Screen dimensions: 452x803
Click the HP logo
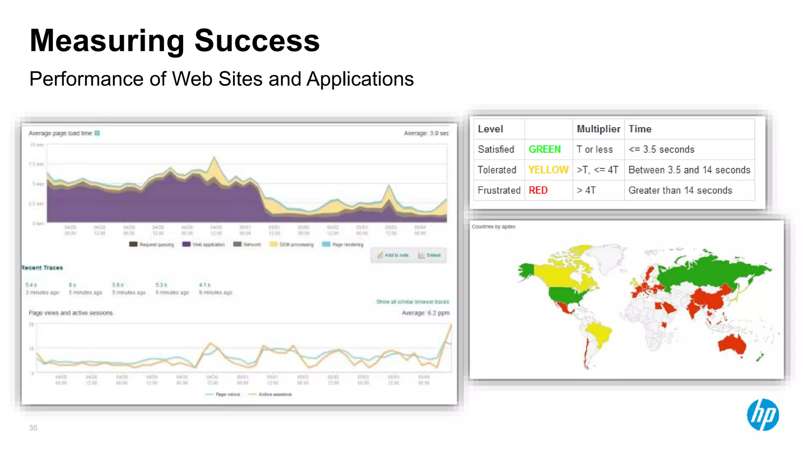coord(763,415)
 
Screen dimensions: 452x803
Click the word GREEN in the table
coord(545,149)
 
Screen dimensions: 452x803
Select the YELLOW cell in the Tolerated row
coord(548,170)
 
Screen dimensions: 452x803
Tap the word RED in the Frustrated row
coord(538,190)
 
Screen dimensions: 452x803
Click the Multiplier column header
coord(598,129)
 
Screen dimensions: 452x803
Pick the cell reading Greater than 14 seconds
coord(680,190)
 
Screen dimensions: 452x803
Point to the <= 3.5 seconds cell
coord(661,149)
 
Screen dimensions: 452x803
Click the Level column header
coord(490,129)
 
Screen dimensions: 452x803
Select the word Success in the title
coord(257,40)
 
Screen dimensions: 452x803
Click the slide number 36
coord(33,428)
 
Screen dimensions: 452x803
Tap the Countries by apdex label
coord(494,227)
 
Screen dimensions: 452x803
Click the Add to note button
coord(393,255)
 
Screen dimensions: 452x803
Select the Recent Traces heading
coord(42,268)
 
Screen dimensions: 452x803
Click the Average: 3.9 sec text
coord(426,133)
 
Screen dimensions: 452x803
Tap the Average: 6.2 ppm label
coord(425,313)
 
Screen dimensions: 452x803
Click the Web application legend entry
coord(203,244)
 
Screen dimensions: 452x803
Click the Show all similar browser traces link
coord(412,302)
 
